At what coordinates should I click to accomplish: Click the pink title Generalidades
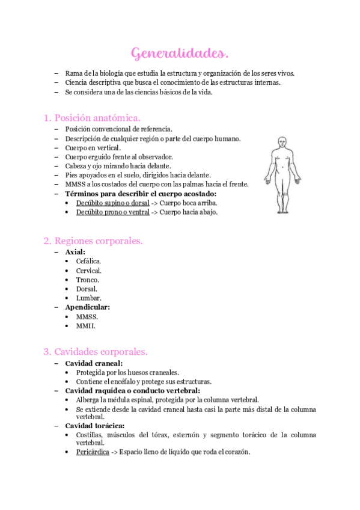(180, 54)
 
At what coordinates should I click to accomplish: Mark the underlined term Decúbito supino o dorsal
(113, 203)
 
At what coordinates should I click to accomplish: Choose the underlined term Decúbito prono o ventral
(113, 212)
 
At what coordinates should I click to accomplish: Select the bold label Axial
(75, 252)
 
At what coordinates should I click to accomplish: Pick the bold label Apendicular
(88, 307)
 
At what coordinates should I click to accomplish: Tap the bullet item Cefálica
(89, 261)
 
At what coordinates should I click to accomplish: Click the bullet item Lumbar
(88, 298)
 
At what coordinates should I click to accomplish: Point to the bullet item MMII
(86, 326)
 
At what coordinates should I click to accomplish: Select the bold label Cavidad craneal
(94, 363)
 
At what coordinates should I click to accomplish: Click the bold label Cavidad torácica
(95, 426)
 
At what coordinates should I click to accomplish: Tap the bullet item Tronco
(88, 280)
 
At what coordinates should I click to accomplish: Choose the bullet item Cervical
(89, 271)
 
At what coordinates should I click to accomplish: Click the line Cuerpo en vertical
(93, 147)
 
